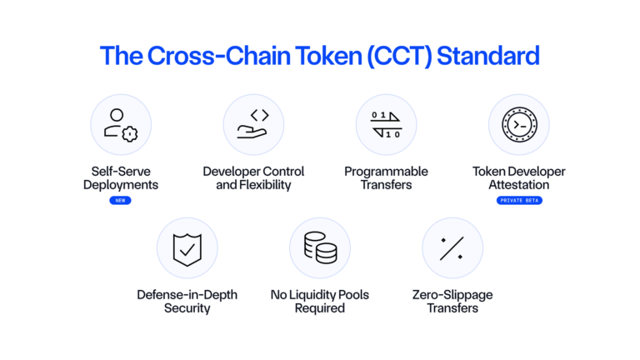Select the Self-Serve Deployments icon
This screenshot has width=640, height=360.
pos(121,125)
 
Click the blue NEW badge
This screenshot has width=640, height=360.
pos(121,201)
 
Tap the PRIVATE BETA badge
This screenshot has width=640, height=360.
pos(519,201)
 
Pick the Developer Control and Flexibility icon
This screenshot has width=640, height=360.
pos(253,125)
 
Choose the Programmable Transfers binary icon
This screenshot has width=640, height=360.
pos(387,125)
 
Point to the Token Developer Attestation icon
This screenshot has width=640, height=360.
pos(519,125)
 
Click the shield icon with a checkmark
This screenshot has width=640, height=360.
pos(187,248)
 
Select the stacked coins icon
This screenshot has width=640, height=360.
pos(320,248)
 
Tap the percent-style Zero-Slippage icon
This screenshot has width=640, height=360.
pos(452,248)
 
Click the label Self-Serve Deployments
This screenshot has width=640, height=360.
pos(121,177)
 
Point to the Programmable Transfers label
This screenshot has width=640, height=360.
pos(387,177)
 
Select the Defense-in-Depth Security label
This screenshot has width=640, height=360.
pos(187,301)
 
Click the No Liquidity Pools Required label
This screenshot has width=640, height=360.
pos(320,301)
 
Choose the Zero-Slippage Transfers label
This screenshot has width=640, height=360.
pos(452,301)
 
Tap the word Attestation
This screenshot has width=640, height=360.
pos(519,184)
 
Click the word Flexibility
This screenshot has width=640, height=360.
pos(266,184)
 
